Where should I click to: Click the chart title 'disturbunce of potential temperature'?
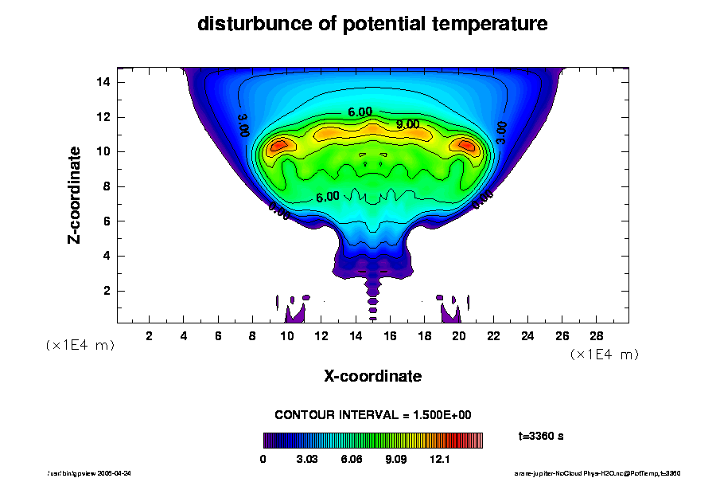click(372, 24)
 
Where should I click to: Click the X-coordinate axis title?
click(372, 375)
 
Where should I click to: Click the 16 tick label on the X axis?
click(390, 335)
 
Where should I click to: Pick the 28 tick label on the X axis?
click(597, 335)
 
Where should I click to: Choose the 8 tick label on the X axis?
click(253, 335)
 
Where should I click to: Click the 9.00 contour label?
click(408, 124)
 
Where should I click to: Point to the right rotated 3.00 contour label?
click(501, 131)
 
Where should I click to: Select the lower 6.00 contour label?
click(328, 197)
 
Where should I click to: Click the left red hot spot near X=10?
click(279, 145)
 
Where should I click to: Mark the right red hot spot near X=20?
click(465, 145)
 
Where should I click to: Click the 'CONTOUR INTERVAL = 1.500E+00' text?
click(372, 415)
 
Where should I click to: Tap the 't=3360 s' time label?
click(541, 436)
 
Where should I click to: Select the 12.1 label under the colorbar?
click(440, 460)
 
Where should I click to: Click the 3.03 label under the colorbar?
click(308, 460)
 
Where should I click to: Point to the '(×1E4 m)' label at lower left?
click(79, 345)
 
